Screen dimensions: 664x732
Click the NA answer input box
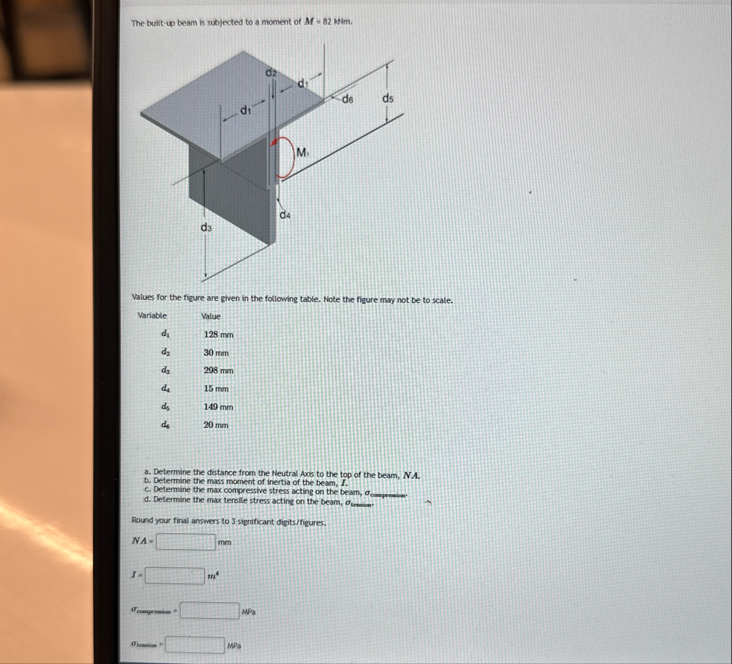coord(186,542)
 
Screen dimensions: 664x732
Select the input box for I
coord(174,576)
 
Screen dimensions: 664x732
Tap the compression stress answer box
coord(209,611)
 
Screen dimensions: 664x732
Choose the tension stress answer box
coord(195,645)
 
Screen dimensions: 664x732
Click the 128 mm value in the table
coord(219,334)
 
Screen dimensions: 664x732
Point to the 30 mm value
coord(216,353)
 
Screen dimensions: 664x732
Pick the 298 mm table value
coord(219,371)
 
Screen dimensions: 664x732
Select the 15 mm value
coord(216,389)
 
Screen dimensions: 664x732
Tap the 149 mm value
coord(219,407)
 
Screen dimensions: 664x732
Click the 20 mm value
coord(216,425)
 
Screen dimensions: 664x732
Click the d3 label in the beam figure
coord(206,228)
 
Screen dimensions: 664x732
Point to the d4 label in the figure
coord(285,216)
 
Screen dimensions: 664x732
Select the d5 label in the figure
coord(388,98)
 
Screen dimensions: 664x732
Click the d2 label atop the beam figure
coord(271,73)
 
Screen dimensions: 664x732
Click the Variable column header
coord(152,316)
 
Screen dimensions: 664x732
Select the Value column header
coord(211,316)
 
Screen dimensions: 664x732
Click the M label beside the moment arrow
coord(302,151)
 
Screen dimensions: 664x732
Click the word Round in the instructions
coord(143,521)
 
